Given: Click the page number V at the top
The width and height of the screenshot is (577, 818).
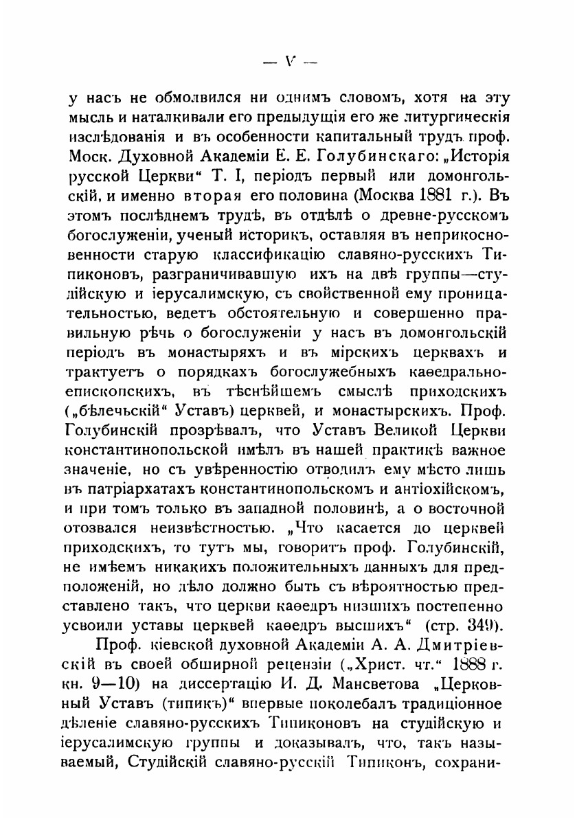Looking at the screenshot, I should (288, 60).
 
